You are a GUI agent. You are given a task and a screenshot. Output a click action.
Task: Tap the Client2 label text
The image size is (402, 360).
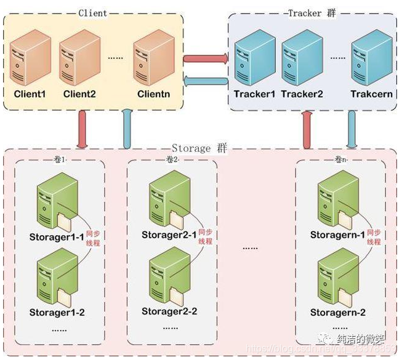79,94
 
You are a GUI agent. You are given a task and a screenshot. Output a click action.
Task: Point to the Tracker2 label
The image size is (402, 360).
302,94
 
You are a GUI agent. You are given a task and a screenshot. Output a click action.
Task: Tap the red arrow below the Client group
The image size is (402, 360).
81,128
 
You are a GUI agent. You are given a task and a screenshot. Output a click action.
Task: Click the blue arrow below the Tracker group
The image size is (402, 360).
353,129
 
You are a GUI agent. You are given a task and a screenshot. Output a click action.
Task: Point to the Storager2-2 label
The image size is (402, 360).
169,311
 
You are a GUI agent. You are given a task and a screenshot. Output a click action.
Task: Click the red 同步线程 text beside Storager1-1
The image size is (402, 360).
93,238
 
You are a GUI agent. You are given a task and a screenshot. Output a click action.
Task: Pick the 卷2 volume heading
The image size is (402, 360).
172,159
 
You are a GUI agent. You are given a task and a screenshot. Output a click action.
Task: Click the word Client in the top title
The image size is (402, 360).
92,12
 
